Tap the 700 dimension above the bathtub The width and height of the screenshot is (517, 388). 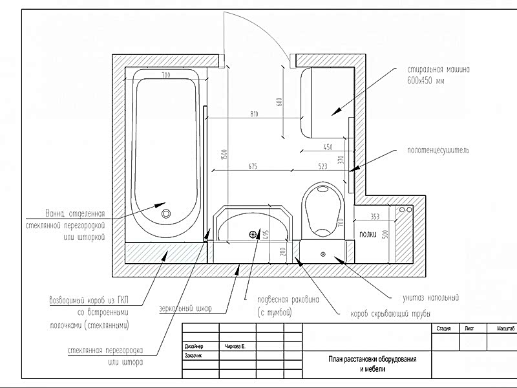pyautogui.click(x=165, y=76)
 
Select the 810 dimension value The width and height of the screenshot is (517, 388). pyautogui.click(x=254, y=114)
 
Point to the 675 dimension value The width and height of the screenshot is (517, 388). pyautogui.click(x=252, y=166)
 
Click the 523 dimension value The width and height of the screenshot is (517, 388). pyautogui.click(x=322, y=166)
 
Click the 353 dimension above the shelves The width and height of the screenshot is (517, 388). pyautogui.click(x=374, y=216)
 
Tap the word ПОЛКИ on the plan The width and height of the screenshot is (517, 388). pyautogui.click(x=368, y=234)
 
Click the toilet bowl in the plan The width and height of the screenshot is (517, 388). pyautogui.click(x=323, y=207)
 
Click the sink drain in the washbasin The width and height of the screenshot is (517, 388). pyautogui.click(x=253, y=235)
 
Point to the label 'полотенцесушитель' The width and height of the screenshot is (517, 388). pyautogui.click(x=438, y=150)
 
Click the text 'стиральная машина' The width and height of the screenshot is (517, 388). pyautogui.click(x=442, y=69)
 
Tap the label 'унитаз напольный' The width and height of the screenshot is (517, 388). pyautogui.click(x=430, y=298)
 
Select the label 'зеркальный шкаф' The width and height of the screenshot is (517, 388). pyautogui.click(x=185, y=308)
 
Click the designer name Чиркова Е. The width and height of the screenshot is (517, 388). pyautogui.click(x=238, y=347)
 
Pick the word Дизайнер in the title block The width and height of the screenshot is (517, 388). pyautogui.click(x=194, y=347)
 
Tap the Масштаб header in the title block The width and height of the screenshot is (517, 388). pyautogui.click(x=506, y=329)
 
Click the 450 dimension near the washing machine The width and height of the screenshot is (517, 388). pyautogui.click(x=328, y=147)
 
